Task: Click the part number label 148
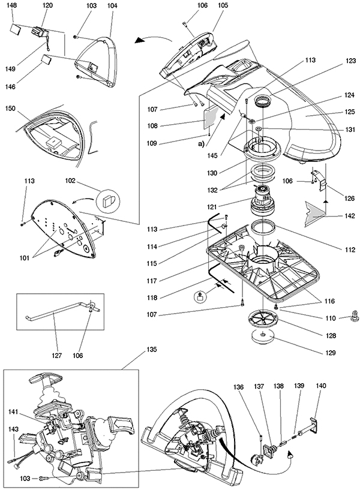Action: (x=14, y=5)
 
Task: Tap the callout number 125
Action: (x=350, y=112)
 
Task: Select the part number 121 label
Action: (x=212, y=207)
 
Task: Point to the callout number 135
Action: (x=152, y=350)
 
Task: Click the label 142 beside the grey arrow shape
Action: (x=350, y=216)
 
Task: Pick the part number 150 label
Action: (x=10, y=109)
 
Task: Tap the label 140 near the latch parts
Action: (x=321, y=386)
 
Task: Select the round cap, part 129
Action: (x=262, y=337)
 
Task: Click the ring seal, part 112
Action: (x=263, y=227)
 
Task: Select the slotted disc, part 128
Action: (x=263, y=318)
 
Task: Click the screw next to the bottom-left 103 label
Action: (x=44, y=479)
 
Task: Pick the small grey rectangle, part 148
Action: (x=16, y=28)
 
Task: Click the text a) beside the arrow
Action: (x=201, y=145)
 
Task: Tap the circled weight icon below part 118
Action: (x=199, y=296)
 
